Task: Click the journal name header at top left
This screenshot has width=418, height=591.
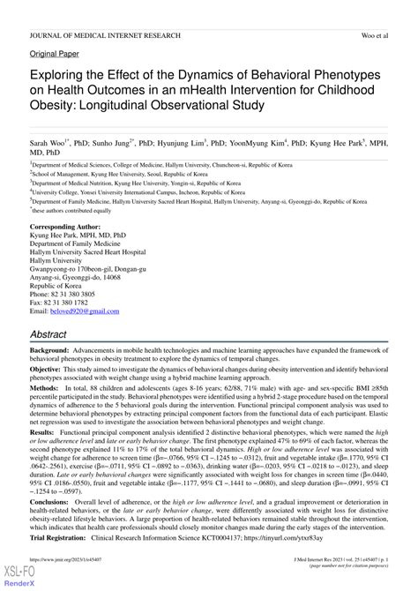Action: coord(105,35)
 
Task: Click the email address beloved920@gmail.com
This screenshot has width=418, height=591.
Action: coord(86,312)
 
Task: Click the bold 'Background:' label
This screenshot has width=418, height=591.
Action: coord(53,352)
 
